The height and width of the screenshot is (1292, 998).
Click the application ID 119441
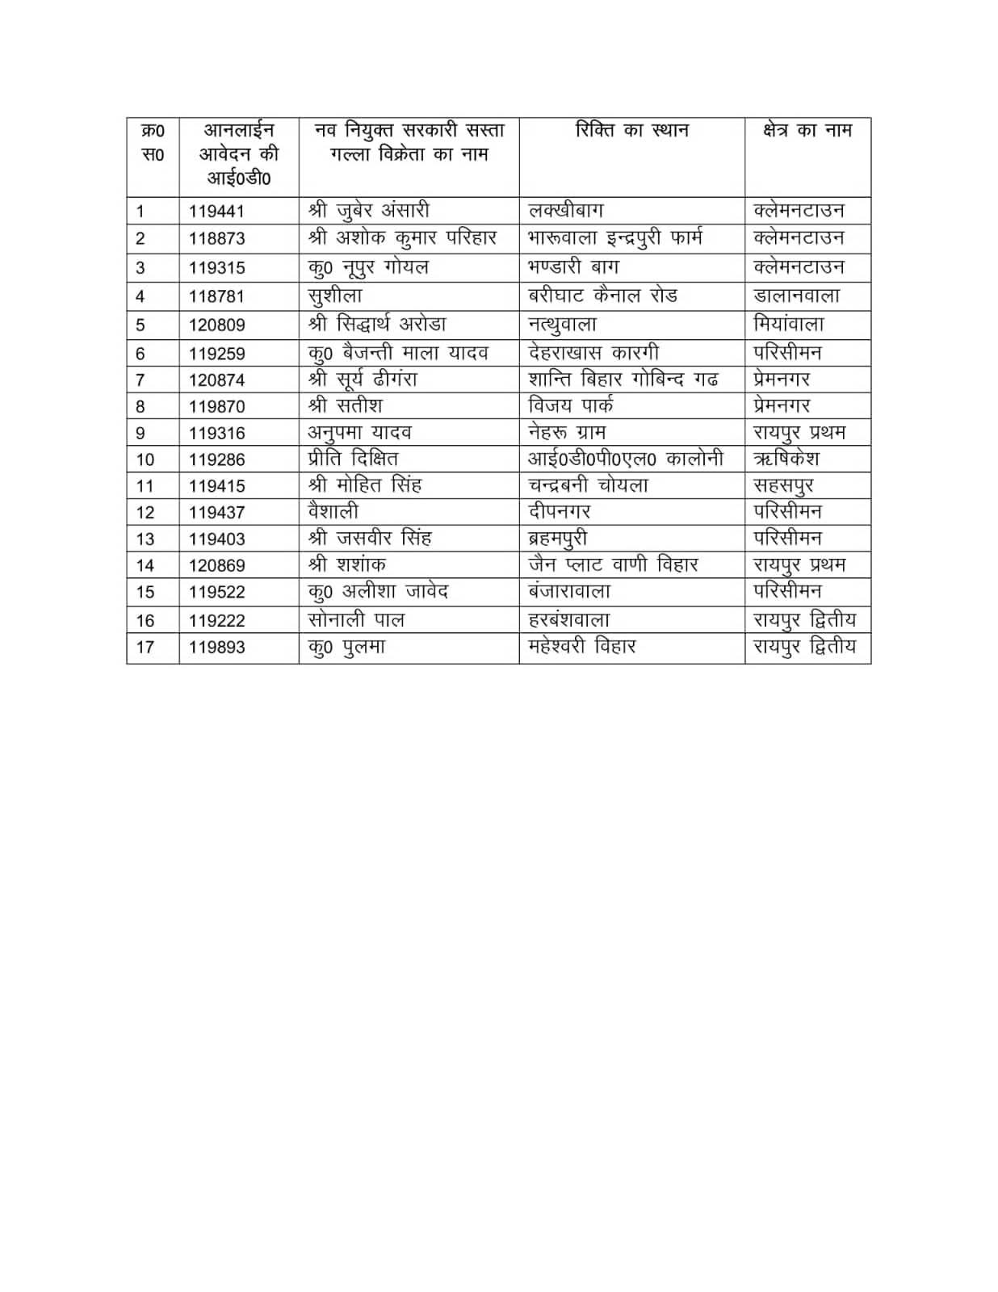point(216,212)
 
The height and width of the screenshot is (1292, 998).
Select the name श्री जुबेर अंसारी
point(368,211)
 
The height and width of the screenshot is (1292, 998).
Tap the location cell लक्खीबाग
point(565,211)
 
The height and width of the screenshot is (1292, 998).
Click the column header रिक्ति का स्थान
point(631,130)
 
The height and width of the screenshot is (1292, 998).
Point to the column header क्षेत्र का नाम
point(807,130)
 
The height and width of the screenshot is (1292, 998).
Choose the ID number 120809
point(216,325)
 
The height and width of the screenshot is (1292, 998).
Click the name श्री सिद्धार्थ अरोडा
point(377,325)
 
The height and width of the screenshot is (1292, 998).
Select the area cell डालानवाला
point(796,296)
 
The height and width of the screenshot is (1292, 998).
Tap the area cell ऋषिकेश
point(786,459)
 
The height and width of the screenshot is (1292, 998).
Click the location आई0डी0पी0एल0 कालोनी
point(625,459)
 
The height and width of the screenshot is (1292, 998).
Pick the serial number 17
point(145,647)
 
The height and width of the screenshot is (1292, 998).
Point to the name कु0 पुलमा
point(346,647)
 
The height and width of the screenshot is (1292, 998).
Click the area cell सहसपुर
point(783,485)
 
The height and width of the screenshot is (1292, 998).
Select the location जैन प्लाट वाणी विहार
point(613,564)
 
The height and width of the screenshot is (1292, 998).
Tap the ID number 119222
point(216,621)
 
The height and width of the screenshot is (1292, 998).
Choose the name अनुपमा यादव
point(359,432)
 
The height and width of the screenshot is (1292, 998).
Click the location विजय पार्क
point(570,405)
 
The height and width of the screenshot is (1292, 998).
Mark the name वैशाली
point(333,511)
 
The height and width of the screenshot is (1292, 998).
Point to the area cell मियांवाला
point(788,325)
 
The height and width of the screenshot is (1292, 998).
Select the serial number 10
point(145,459)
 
